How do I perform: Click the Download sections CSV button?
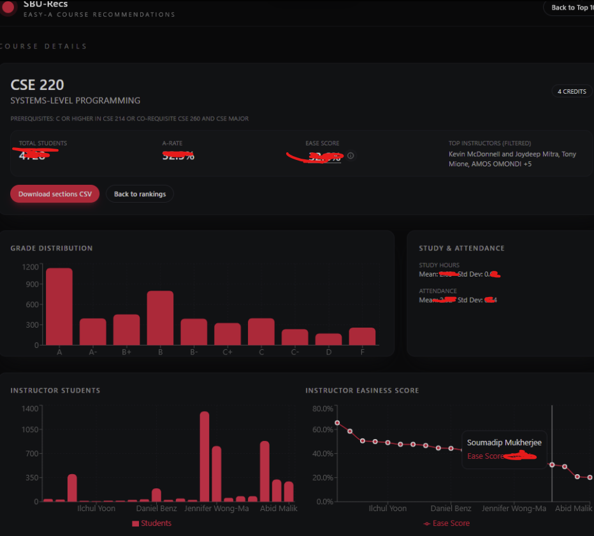pyautogui.click(x=55, y=194)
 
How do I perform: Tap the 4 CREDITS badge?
pyautogui.click(x=571, y=92)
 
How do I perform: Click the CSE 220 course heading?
pyautogui.click(x=38, y=85)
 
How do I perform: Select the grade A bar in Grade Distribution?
pyautogui.click(x=59, y=307)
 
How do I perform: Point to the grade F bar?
pyautogui.click(x=362, y=336)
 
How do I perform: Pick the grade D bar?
pyautogui.click(x=328, y=339)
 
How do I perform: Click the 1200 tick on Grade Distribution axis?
pyautogui.click(x=29, y=267)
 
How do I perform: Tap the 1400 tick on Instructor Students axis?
pyautogui.click(x=29, y=409)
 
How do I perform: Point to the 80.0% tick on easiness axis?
pyautogui.click(x=322, y=409)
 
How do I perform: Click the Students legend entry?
pyautogui.click(x=152, y=523)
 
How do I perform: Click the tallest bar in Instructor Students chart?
pyautogui.click(x=205, y=456)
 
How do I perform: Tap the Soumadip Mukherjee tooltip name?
pyautogui.click(x=503, y=442)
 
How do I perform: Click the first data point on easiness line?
pyautogui.click(x=337, y=423)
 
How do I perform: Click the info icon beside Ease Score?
pyautogui.click(x=351, y=156)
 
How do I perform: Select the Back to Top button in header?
pyautogui.click(x=569, y=8)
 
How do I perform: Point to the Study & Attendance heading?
pyautogui.click(x=461, y=248)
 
